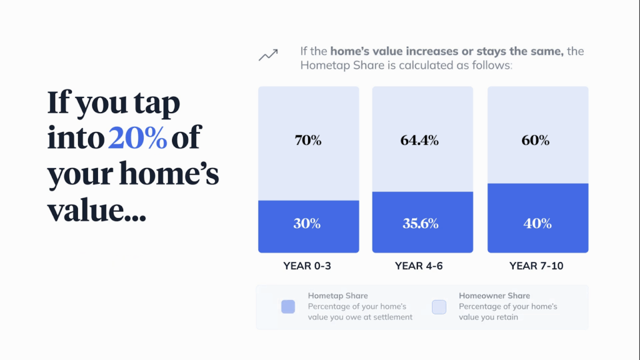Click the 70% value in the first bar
tap(308, 141)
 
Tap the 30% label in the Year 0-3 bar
tap(307, 223)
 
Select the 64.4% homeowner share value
tap(419, 141)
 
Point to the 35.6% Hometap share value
tap(421, 223)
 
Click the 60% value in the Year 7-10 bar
tap(536, 141)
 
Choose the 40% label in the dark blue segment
tap(537, 223)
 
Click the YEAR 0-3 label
tap(307, 266)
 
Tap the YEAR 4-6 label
tap(419, 266)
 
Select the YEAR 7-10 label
tap(536, 266)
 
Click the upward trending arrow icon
tap(268, 55)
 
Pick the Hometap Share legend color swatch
tap(288, 306)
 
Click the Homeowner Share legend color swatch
tap(439, 306)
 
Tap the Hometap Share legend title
tap(337, 296)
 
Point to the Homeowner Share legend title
tap(494, 296)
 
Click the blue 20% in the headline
tap(137, 137)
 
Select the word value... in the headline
tap(97, 210)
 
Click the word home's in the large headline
tap(169, 173)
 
